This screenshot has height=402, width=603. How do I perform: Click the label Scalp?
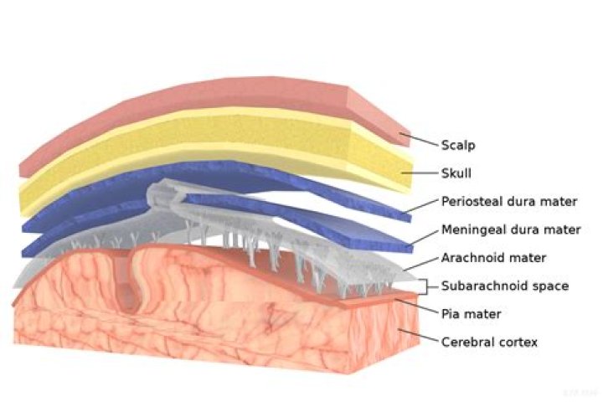[x=458, y=146]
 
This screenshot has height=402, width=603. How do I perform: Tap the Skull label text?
[x=456, y=173]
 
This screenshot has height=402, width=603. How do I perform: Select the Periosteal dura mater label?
[x=509, y=201]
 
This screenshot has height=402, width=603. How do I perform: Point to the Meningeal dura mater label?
[x=511, y=229]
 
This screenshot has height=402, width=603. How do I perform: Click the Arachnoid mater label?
[x=493, y=257]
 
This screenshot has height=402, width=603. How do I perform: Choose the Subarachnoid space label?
[x=504, y=286]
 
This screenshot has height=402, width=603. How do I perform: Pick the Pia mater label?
[x=471, y=314]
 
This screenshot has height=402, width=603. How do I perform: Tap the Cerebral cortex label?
[x=489, y=342]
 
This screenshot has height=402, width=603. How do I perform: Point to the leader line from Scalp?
[x=419, y=140]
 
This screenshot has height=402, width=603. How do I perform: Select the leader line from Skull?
[x=420, y=173]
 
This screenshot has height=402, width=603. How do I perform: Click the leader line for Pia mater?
[x=418, y=307]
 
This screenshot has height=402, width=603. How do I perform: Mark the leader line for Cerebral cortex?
[x=419, y=336]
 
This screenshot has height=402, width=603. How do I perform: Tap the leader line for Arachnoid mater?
[x=421, y=264]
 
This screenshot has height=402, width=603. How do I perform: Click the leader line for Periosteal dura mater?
[x=423, y=206]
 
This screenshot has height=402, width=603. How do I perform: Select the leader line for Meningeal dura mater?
[x=425, y=236]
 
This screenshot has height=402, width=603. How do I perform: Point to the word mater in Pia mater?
[x=484, y=315]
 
